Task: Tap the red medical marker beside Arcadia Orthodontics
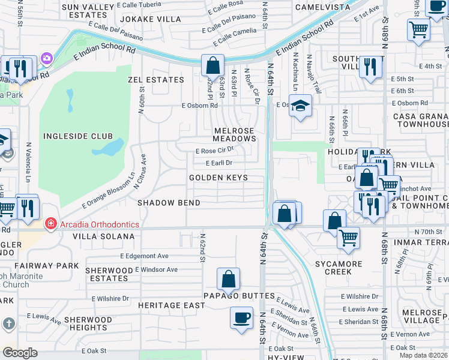coord(51,224)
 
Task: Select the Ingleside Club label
coord(74,136)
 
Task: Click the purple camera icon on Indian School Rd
coord(46,59)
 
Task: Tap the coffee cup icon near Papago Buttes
coord(242,317)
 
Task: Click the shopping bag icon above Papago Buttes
coord(228,279)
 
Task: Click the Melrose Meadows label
coord(235,134)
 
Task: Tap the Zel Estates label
coord(155,80)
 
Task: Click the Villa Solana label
coord(104,236)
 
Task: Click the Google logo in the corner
coord(20,353)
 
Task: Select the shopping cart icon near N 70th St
coord(348,238)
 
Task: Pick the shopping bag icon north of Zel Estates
coord(212,65)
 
